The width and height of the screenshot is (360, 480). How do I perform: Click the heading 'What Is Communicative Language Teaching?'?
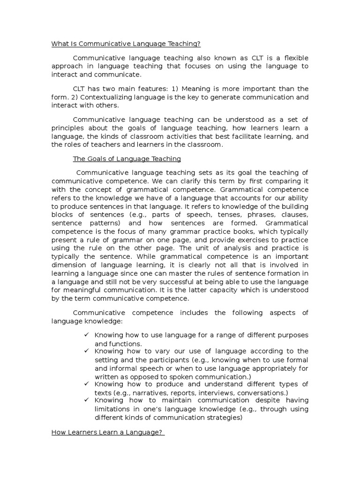(126, 44)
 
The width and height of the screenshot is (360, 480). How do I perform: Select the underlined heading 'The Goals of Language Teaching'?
(127, 159)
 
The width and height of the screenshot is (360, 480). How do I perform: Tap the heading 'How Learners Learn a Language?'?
(107, 433)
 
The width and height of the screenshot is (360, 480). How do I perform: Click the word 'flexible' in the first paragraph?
(293, 58)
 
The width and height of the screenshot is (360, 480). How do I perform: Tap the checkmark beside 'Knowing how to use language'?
(86, 335)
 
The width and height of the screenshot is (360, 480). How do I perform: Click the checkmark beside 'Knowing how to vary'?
(86, 351)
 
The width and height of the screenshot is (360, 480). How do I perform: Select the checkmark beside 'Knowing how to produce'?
(86, 383)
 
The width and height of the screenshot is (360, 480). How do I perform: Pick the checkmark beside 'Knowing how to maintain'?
(86, 400)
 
